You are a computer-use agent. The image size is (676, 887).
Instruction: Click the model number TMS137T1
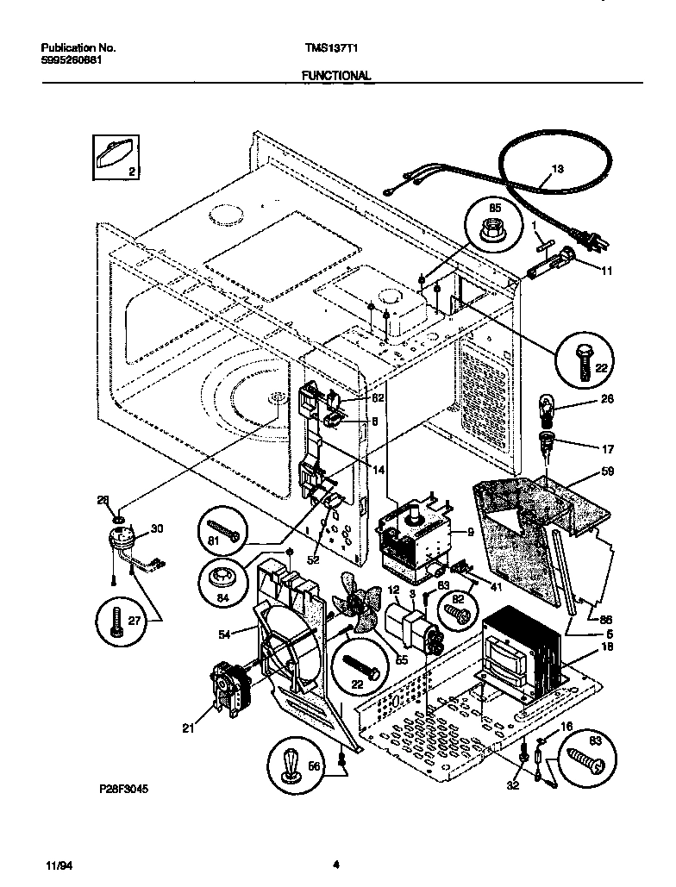329,49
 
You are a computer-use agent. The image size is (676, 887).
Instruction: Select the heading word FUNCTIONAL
336,76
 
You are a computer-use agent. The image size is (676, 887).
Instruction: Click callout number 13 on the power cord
557,169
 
